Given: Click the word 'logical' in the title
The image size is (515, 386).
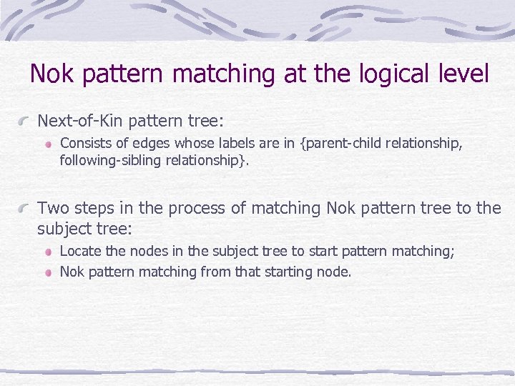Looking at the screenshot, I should click(x=391, y=74).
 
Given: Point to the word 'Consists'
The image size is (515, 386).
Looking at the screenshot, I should click(x=85, y=144).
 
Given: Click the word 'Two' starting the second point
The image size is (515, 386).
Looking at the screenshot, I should click(x=51, y=208).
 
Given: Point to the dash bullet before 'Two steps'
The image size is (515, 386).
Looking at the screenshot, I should click(x=25, y=209).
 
